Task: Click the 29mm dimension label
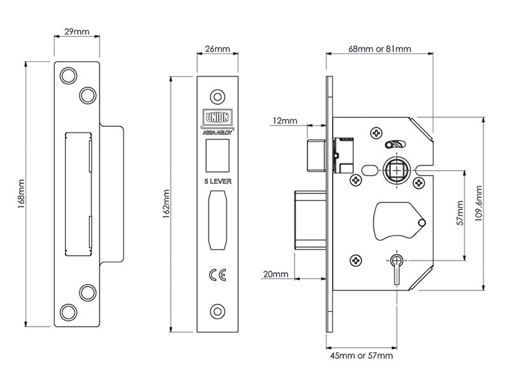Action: tap(77, 32)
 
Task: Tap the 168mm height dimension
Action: tap(21, 194)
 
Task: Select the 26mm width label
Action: tap(218, 50)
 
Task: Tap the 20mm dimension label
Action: tap(275, 274)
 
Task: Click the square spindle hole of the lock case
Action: tap(396, 171)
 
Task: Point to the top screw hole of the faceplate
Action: tap(218, 97)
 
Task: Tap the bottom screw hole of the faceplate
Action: tap(218, 311)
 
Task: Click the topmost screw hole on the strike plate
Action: tap(67, 75)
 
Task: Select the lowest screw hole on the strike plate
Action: tap(67, 311)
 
